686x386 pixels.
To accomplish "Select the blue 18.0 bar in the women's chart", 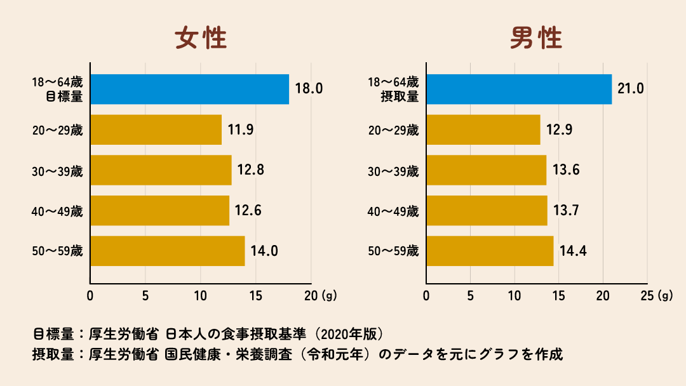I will pyautogui.click(x=189, y=89).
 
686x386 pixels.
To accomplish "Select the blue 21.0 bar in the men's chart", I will pyautogui.click(x=519, y=89).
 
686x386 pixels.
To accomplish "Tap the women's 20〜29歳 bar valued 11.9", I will pyautogui.click(x=156, y=130).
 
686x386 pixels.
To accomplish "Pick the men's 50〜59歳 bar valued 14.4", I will pyautogui.click(x=490, y=251).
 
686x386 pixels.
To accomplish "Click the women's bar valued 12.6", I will pyautogui.click(x=159, y=210).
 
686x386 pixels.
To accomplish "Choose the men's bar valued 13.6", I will pyautogui.click(x=486, y=170).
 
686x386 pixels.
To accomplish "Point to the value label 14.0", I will pyautogui.click(x=264, y=251).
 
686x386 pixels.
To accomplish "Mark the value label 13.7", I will pyautogui.click(x=567, y=210).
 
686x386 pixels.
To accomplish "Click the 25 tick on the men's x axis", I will pyautogui.click(x=647, y=295).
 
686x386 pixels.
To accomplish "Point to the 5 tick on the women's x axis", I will pyautogui.click(x=145, y=295).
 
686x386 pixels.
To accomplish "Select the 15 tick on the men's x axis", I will pyautogui.click(x=558, y=295).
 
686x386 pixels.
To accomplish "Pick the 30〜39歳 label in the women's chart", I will pyautogui.click(x=58, y=171).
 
